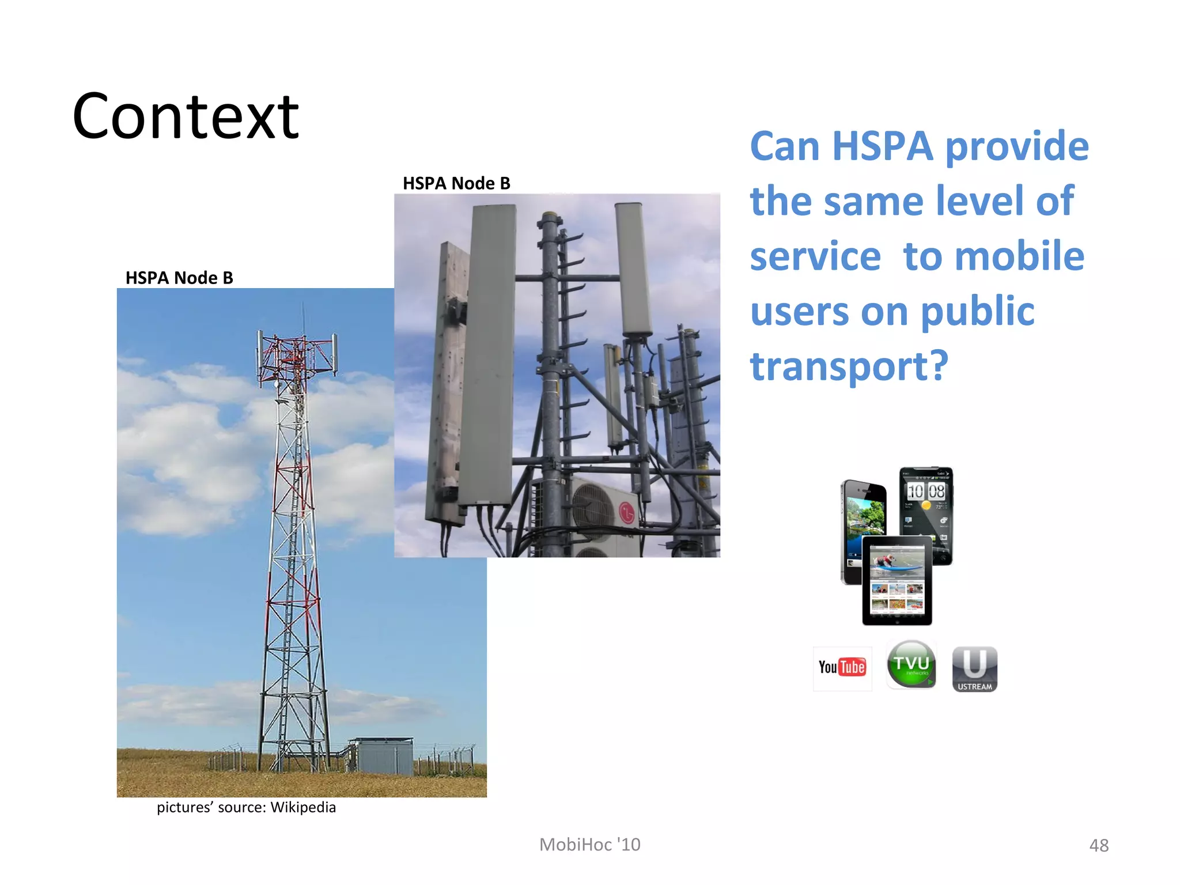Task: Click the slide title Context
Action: pos(186,117)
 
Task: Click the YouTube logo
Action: pos(842,668)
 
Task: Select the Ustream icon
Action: pos(974,669)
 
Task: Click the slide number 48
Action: pos(1099,845)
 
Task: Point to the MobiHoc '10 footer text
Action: pos(589,845)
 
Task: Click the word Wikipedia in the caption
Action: pos(303,807)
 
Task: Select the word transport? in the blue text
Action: pos(849,366)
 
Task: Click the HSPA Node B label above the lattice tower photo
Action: pos(179,278)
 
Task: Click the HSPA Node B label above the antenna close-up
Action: pos(456,183)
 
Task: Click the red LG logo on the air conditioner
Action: pos(627,512)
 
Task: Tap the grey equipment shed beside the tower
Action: pos(383,755)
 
